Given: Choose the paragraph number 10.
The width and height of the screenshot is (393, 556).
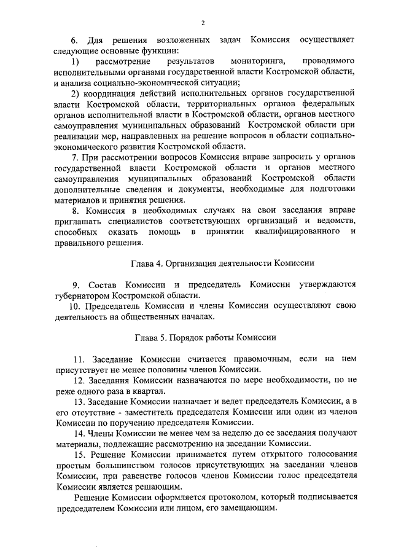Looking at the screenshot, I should (x=73, y=306).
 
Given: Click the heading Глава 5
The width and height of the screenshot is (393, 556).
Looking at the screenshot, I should (x=152, y=337).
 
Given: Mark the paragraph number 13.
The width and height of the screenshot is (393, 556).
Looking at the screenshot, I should (x=79, y=401).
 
